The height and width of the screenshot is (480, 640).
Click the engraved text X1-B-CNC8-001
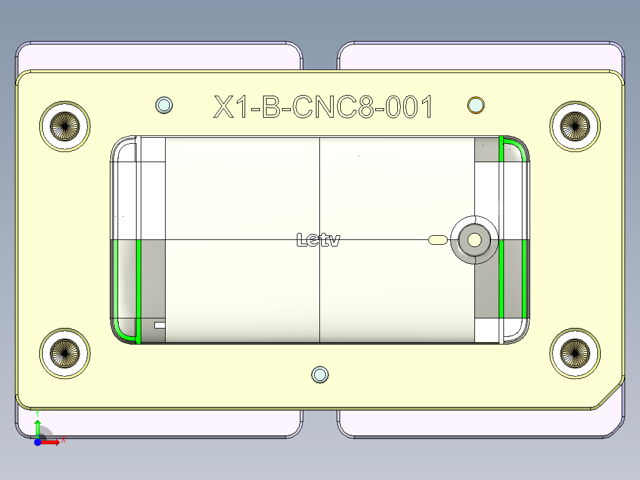click(x=324, y=108)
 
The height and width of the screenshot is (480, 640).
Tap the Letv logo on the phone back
click(x=318, y=240)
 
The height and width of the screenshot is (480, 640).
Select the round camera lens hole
click(x=474, y=240)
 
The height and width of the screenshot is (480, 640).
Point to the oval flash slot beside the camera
click(x=438, y=240)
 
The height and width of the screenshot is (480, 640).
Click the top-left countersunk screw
click(x=65, y=126)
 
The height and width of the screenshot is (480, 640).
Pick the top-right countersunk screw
click(x=575, y=126)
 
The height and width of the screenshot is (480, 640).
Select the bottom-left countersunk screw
click(x=65, y=352)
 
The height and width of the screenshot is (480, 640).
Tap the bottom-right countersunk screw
click(x=575, y=352)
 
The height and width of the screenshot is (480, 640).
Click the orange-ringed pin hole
click(x=476, y=105)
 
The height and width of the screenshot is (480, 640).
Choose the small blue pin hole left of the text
click(x=164, y=105)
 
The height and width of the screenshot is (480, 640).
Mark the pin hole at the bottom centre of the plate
click(x=320, y=374)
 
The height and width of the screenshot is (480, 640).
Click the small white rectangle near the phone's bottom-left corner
click(x=160, y=325)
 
